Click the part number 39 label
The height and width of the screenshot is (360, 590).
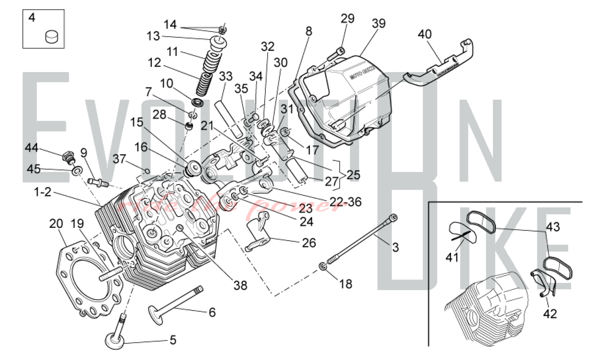coord(378,23)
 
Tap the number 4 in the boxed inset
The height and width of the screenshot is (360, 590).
coord(32,18)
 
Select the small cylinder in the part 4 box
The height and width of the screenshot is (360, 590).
coord(52,37)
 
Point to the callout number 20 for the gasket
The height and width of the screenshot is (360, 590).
coord(56,224)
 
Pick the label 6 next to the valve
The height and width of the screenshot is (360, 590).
coord(212,312)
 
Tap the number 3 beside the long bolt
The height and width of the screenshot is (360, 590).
coord(395,247)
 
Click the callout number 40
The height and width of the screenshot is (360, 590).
coord(425,34)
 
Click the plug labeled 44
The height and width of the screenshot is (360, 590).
coord(68,156)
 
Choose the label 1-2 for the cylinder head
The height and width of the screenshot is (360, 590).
coord(43,192)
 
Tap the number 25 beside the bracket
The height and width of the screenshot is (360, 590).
coord(353,175)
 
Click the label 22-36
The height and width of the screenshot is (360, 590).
coord(345,202)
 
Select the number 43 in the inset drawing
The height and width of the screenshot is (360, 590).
coord(553,227)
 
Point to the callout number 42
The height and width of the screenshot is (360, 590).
coord(550,314)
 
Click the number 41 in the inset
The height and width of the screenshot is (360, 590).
coord(452,258)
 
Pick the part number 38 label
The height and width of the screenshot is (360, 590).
coord(240,285)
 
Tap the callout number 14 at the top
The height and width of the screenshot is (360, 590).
coord(170,24)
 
